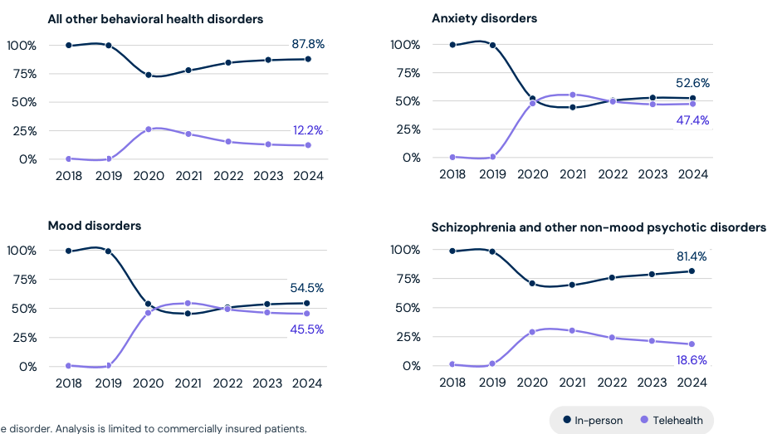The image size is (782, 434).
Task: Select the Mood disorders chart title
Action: (94, 226)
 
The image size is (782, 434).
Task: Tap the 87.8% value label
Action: (307, 44)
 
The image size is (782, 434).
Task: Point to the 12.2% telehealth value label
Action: (307, 130)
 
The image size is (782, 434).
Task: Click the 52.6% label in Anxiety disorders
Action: (692, 83)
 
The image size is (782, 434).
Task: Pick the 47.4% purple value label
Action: (692, 120)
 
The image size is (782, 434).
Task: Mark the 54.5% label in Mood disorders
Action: (306, 288)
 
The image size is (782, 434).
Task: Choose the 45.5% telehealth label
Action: (306, 329)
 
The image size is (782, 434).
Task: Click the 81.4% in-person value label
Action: (692, 256)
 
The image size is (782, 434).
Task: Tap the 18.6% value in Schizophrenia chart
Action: (692, 359)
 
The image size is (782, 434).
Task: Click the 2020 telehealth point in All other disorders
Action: (149, 129)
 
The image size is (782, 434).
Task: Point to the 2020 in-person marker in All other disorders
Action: (149, 75)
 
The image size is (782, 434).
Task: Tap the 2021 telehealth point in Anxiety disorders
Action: (573, 95)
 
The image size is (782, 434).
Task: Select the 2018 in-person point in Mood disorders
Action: (68, 251)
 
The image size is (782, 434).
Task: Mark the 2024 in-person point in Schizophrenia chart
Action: (692, 271)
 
